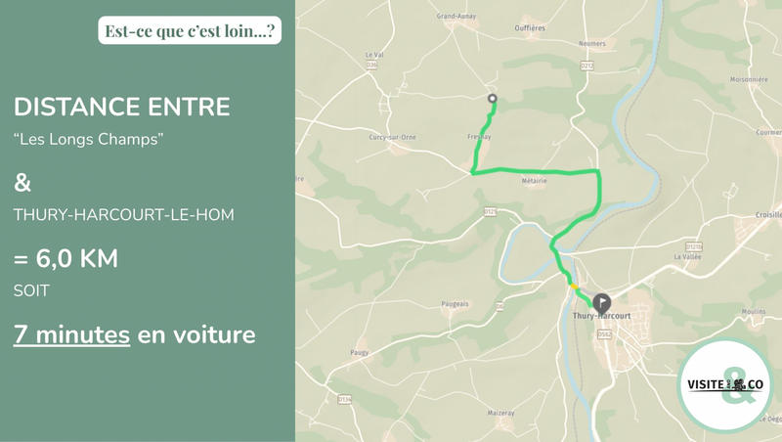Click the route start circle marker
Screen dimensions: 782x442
pos(493,98)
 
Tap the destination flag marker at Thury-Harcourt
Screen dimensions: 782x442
pos(601,301)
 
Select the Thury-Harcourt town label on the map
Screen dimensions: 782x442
pos(601,317)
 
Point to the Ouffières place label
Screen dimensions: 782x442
pos(530,28)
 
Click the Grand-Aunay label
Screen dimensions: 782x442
pos(456,17)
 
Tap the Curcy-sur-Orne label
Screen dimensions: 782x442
pos(392,137)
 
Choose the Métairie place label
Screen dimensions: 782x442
pos(534,181)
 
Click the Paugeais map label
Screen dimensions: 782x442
pos(455,304)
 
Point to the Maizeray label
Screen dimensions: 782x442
pos(500,413)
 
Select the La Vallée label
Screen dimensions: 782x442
pos(688,257)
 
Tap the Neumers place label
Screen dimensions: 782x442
pos(592,44)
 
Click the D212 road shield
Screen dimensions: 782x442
pos(587,66)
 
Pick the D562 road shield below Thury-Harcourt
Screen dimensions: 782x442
pos(604,334)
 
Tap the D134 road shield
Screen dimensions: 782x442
pos(344,399)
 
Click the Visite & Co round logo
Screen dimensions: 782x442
pos(727,385)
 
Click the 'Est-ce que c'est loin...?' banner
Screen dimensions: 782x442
pos(191,30)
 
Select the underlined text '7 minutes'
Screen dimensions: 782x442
pos(71,334)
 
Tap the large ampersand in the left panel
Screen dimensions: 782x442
pos(22,183)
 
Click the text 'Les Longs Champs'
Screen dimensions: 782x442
pos(88,139)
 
